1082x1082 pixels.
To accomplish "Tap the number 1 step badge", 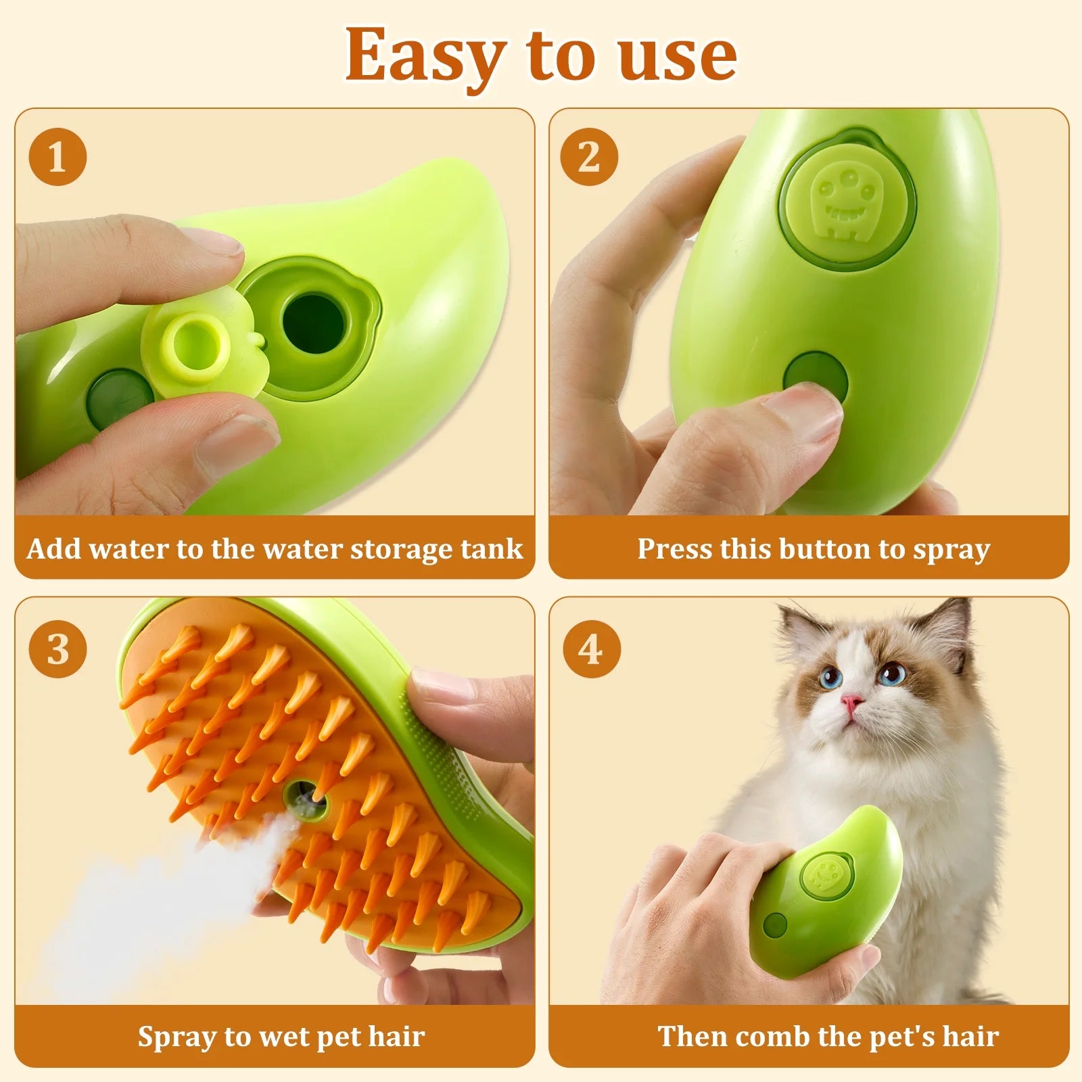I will tap(57, 157).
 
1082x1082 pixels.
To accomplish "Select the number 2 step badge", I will tap(589, 157).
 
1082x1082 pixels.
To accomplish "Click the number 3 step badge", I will tap(57, 649).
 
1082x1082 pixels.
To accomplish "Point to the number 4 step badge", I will tap(591, 649).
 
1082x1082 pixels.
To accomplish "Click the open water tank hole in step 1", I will tap(313, 323).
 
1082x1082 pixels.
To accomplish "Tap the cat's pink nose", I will tap(851, 704).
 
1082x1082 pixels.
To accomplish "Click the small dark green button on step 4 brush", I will tap(775, 925).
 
